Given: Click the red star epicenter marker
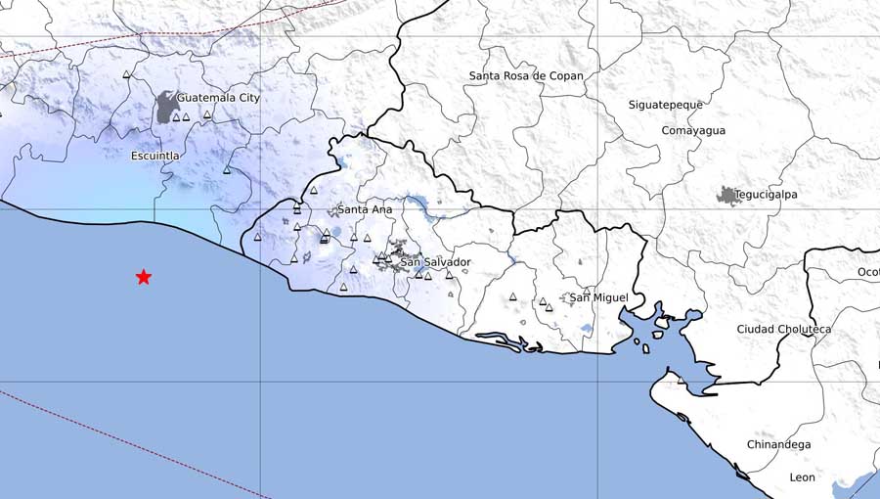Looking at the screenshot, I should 144,277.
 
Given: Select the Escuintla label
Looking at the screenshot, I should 155,156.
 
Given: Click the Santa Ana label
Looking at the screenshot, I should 365,209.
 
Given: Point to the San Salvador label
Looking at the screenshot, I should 436,262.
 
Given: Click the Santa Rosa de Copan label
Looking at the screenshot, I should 526,75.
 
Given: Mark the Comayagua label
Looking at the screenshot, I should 693,130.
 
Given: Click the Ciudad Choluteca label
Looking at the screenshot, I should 783,330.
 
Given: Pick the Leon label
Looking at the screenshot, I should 802,477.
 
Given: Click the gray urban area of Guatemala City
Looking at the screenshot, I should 167,108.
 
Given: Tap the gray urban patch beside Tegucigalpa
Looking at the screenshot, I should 728,196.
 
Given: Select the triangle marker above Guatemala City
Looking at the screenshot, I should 126,75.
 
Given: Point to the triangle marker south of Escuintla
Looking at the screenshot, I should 226,170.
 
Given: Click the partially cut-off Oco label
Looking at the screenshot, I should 868,272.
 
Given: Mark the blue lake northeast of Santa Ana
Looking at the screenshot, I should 421,204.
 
